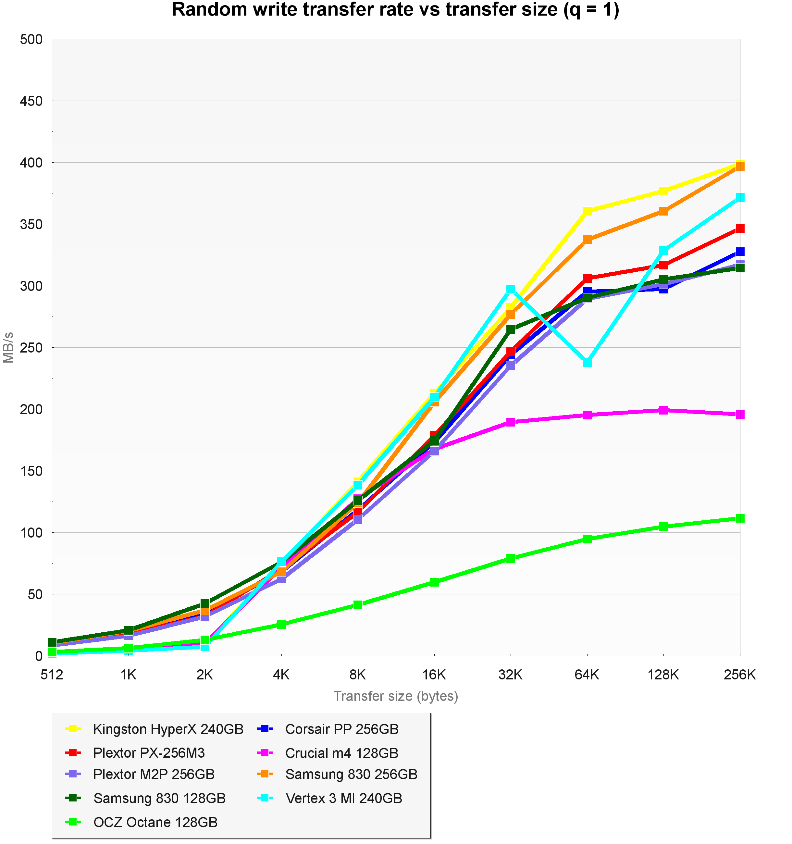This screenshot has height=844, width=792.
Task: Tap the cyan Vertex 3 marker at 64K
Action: [x=587, y=362]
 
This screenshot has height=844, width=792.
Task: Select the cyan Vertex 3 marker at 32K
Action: [x=511, y=289]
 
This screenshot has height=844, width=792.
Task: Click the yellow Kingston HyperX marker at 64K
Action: [x=587, y=211]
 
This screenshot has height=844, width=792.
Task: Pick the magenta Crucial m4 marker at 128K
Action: [x=663, y=410]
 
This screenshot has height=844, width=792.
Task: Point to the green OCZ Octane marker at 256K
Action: [x=740, y=518]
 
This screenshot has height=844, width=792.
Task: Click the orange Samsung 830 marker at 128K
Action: [x=663, y=211]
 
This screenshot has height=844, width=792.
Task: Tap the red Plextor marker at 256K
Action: [x=740, y=229]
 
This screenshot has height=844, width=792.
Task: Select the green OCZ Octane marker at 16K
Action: [x=434, y=582]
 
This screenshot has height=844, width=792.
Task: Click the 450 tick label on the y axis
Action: [x=31, y=101]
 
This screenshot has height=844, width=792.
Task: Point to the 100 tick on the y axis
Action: [x=31, y=532]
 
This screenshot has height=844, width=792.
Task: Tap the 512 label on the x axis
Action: [x=52, y=675]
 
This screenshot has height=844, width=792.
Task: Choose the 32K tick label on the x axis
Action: [x=511, y=675]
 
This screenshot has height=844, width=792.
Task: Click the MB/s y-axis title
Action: [x=8, y=347]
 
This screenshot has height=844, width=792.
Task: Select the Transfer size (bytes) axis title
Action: [x=396, y=696]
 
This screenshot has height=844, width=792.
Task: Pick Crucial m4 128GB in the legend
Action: [x=342, y=753]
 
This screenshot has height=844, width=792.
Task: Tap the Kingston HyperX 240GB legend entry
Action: [x=168, y=729]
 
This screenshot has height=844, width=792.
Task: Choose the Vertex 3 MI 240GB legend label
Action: [x=344, y=798]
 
